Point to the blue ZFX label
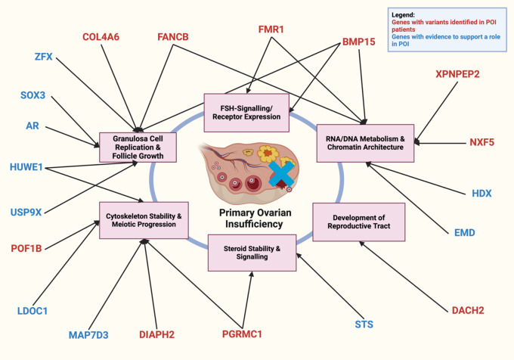click(43, 57)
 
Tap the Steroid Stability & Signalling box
click(247, 253)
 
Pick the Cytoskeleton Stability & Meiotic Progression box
click(141, 220)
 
